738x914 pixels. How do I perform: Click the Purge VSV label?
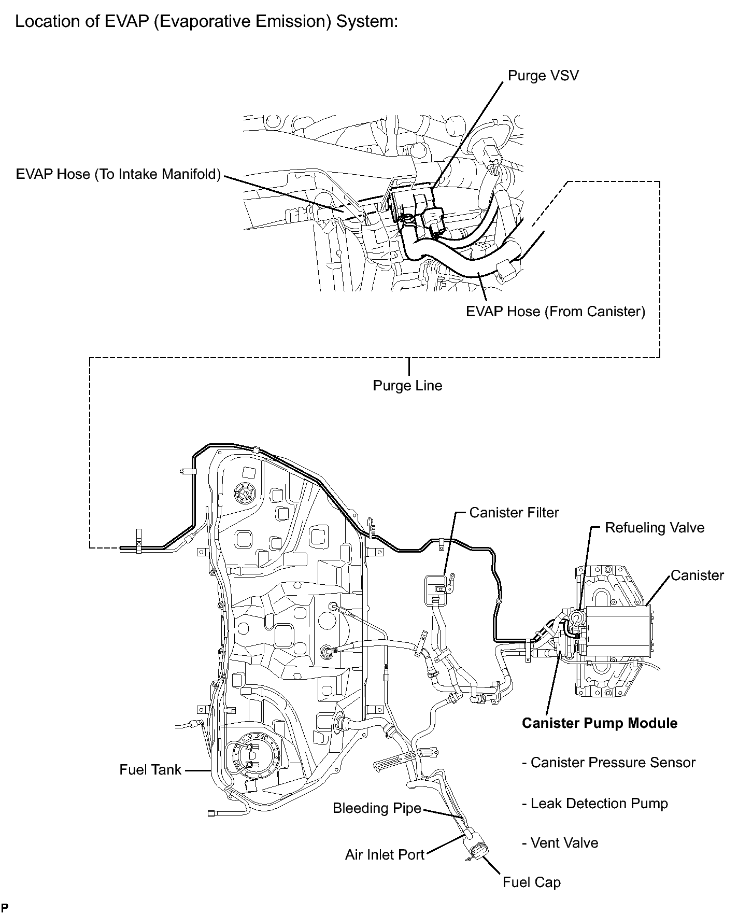coord(543,76)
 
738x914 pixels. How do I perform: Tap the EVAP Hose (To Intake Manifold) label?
coord(118,174)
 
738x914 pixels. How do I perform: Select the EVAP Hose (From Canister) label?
coord(555,312)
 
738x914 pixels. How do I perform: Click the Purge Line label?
coord(407,386)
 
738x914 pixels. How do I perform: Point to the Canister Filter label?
coord(514,513)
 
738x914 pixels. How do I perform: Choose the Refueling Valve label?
coord(655,528)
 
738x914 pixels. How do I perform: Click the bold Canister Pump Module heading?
coord(599,723)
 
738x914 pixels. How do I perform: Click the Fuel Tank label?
coord(150,770)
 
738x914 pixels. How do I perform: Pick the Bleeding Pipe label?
coord(377,808)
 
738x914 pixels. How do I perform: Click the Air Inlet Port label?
coord(385,855)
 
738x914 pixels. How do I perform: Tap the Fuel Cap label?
coord(531,882)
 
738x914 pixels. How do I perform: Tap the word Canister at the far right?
coord(697,575)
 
